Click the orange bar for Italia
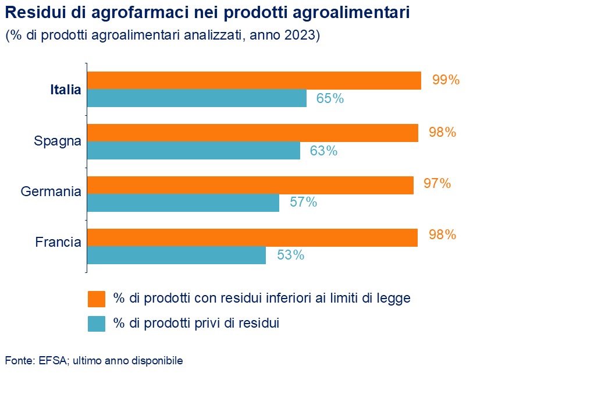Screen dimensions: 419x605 point(254,81)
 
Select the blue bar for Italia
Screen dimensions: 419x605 point(197,98)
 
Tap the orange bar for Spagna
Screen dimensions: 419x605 point(252,133)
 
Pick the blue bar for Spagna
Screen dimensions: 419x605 point(194,151)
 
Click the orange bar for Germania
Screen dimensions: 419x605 point(250,185)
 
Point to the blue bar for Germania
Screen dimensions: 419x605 point(183,203)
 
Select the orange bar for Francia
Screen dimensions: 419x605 point(252,237)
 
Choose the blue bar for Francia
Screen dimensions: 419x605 point(176,255)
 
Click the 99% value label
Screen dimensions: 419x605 point(446,80)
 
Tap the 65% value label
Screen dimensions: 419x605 point(330,98)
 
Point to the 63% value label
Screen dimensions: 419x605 point(323,151)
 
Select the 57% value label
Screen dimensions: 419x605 point(303,203)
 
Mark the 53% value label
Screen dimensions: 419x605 point(290,255)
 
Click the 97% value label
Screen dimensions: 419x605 point(437,184)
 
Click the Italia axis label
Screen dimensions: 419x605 point(65,90)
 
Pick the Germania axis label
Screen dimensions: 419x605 point(51,191)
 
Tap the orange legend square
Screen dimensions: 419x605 point(97,299)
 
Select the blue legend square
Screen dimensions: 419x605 point(97,324)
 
